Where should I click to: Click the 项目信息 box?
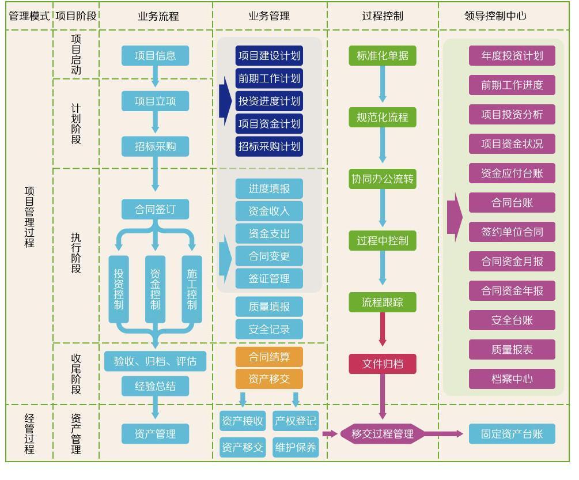155,56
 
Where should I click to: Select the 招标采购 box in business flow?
155,146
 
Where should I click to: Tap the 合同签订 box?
155,209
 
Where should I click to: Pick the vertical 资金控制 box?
155,289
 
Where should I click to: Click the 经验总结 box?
155,386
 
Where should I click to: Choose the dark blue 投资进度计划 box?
269,101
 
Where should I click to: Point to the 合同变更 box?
269,256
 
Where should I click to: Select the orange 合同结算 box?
269,357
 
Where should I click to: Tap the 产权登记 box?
296,421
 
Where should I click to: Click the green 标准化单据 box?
383,56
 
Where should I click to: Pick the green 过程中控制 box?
383,240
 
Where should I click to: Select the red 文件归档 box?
383,364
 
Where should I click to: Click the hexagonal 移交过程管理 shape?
383,434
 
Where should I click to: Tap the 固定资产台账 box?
512,434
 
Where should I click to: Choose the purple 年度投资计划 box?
512,56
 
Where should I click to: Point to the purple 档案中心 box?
512,379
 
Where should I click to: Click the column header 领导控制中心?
495,16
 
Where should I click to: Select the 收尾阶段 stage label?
76,374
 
